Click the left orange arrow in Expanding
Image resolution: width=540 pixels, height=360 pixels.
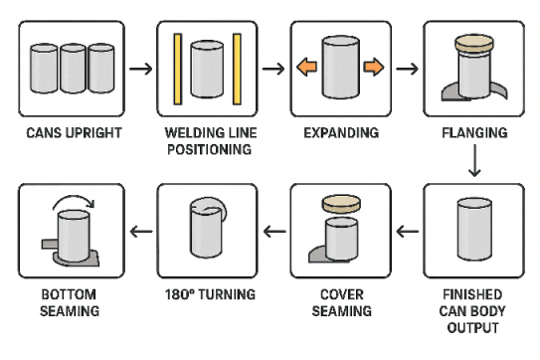click(x=307, y=67)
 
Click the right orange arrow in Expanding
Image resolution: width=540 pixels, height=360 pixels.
click(x=374, y=67)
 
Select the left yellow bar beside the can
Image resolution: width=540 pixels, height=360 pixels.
click(x=178, y=69)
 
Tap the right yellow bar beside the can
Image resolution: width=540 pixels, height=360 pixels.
click(x=237, y=69)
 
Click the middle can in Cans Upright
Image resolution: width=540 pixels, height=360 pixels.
click(x=73, y=69)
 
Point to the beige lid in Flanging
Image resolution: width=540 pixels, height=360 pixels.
click(x=474, y=43)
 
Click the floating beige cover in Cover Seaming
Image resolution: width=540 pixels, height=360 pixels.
click(x=341, y=203)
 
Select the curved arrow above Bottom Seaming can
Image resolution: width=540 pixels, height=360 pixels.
click(x=74, y=202)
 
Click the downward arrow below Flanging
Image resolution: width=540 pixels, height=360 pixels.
click(x=474, y=160)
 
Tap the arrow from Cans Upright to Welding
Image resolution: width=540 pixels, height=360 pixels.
click(x=141, y=69)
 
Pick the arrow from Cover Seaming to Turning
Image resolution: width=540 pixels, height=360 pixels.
click(x=274, y=231)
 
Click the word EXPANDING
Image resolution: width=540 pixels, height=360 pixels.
click(x=341, y=133)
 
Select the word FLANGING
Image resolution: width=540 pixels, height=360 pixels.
click(x=474, y=133)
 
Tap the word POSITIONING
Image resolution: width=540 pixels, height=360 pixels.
click(x=210, y=149)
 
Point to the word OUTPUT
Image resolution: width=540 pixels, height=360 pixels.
click(x=472, y=327)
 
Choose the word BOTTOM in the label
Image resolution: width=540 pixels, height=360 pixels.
click(x=69, y=294)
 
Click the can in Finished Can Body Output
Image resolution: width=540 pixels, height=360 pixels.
click(x=474, y=229)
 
